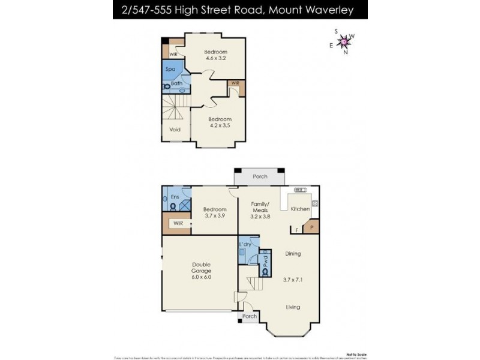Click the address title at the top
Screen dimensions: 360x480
[x=239, y=9]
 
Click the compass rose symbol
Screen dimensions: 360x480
[x=344, y=41]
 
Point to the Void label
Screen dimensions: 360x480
[x=175, y=129]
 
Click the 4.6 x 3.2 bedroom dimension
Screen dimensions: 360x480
[x=215, y=58]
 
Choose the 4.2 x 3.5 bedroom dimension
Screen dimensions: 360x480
[x=220, y=126]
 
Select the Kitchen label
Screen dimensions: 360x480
[x=300, y=209]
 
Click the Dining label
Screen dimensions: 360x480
[x=292, y=254]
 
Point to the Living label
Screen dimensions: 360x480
[x=292, y=307]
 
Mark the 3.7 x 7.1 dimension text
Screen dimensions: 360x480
[x=292, y=280]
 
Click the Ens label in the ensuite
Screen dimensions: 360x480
[x=175, y=196]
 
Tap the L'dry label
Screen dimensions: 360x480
[x=245, y=245]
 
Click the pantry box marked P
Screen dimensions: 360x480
[x=312, y=227]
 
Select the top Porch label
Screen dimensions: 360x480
[x=259, y=176]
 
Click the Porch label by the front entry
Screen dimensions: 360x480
[x=249, y=316]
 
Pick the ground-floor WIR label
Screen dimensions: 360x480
[x=178, y=223]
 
